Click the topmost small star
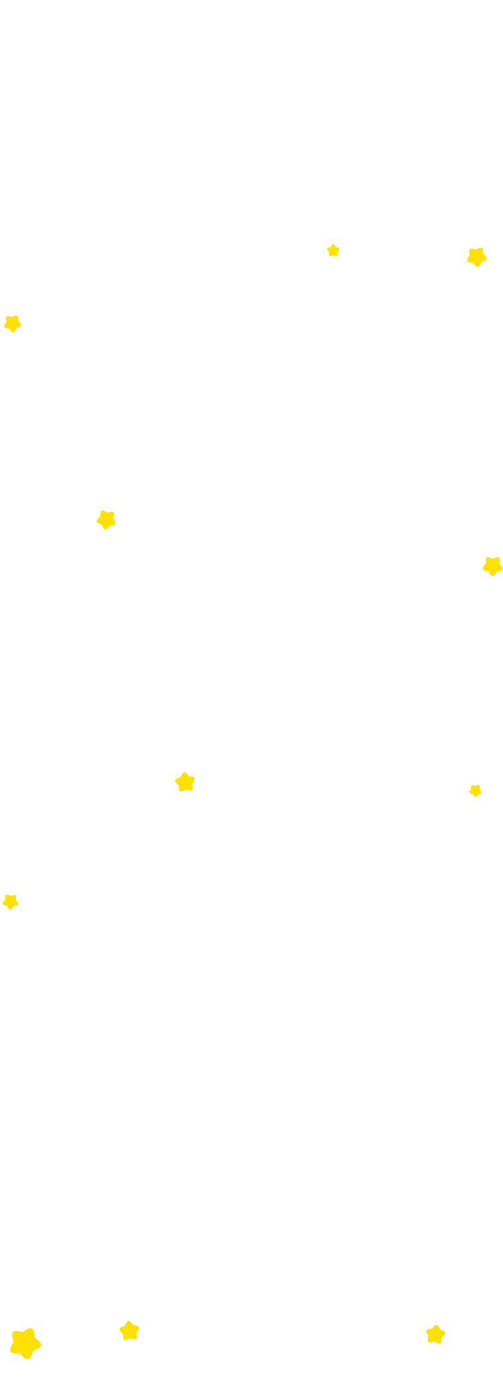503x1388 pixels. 333,250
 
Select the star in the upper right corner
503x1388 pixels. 477,256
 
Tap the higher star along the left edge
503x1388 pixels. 12,323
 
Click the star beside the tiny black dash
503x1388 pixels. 492,566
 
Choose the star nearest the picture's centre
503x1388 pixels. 184,782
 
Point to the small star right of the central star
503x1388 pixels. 476,791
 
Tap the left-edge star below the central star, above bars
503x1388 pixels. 10,901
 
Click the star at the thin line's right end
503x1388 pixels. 129,1331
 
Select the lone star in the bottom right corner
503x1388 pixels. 435,1335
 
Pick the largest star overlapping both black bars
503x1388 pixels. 25,1344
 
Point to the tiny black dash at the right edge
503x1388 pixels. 500,575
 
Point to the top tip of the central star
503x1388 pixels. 185,770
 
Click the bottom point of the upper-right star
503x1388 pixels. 477,267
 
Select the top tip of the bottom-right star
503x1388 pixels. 436,1324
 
